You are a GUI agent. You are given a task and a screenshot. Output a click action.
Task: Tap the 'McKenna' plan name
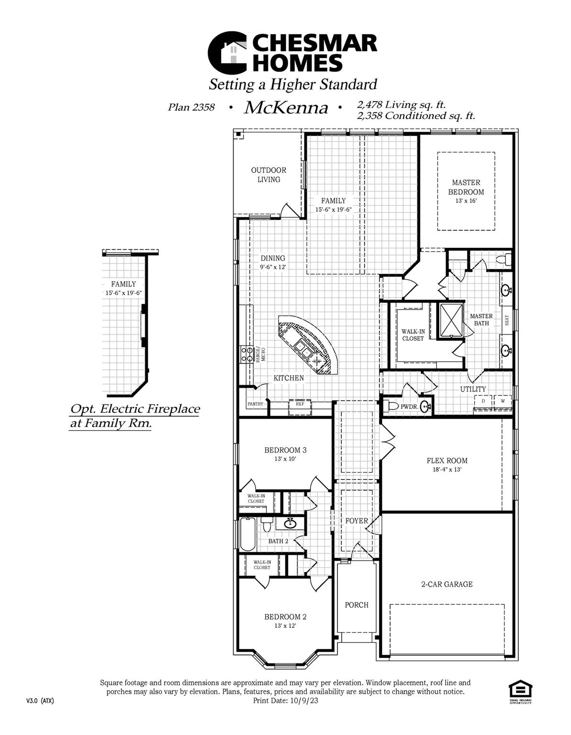pyautogui.click(x=286, y=108)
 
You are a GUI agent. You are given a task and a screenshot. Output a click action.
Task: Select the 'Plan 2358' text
pyautogui.click(x=191, y=107)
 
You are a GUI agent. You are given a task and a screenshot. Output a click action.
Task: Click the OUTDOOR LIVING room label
pyautogui.click(x=269, y=175)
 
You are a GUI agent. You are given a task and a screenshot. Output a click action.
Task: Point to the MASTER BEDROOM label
pyautogui.click(x=466, y=187)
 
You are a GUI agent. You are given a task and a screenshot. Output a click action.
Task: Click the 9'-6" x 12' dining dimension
pyautogui.click(x=272, y=267)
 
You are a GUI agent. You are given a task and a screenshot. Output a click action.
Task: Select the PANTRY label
pyautogui.click(x=255, y=404)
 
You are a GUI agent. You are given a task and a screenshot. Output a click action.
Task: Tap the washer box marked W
pyautogui.click(x=502, y=401)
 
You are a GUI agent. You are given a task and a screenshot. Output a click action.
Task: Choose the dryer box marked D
pyautogui.click(x=483, y=401)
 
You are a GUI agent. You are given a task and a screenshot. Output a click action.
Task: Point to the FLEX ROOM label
pyautogui.click(x=447, y=461)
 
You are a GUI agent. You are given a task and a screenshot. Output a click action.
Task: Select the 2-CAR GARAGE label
pyautogui.click(x=447, y=584)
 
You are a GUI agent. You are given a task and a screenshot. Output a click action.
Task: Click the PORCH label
pyautogui.click(x=357, y=605)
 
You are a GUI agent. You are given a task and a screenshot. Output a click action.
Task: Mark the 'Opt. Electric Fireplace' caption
pyautogui.click(x=135, y=410)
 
